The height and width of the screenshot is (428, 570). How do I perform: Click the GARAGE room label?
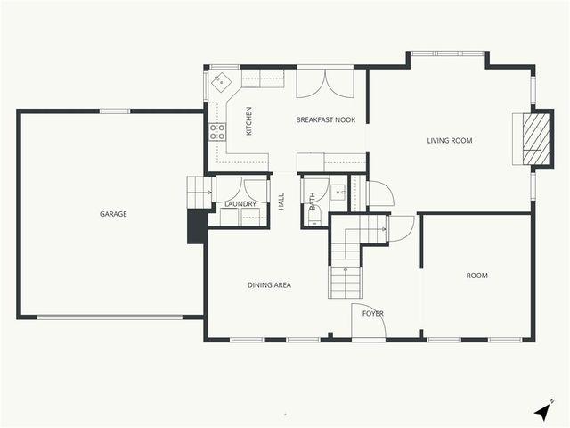[x=113, y=214]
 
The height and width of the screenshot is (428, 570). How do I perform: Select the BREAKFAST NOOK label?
[x=326, y=119]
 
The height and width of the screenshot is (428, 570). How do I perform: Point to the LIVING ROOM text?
[x=450, y=141]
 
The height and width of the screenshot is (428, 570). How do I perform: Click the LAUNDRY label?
[x=240, y=204]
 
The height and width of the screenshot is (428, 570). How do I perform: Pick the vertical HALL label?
[x=281, y=202]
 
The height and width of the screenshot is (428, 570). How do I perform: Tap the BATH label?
[x=312, y=202]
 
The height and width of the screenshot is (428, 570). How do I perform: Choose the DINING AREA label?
[x=269, y=285]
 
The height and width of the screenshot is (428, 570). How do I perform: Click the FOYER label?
[x=372, y=313]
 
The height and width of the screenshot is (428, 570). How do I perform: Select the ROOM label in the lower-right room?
[x=477, y=276]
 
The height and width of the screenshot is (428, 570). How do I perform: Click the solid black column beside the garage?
[x=196, y=226]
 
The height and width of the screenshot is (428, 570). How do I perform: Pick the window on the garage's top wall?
[x=114, y=111]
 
